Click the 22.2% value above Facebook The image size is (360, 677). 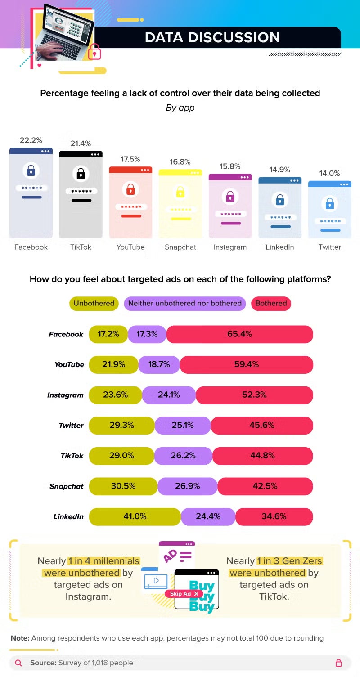(31, 140)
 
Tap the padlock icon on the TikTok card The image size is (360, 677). (81, 173)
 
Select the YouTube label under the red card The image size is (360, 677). (130, 247)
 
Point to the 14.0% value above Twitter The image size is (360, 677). (329, 173)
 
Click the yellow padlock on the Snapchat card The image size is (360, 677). (180, 192)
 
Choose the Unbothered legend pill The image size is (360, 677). (94, 303)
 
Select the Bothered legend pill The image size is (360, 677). (271, 303)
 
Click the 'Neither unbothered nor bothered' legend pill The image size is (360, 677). (185, 303)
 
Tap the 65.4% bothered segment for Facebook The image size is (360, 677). (239, 334)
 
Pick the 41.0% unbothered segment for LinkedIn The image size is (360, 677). (135, 516)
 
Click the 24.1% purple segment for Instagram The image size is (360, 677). (169, 395)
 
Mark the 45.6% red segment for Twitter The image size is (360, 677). (261, 425)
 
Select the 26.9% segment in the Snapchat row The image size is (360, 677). (188, 486)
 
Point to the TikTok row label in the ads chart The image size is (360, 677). (72, 456)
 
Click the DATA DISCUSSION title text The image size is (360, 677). (212, 37)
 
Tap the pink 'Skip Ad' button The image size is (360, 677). (183, 593)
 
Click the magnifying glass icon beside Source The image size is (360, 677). (18, 663)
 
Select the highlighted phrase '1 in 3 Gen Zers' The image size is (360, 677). (290, 561)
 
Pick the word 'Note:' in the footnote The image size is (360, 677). (20, 638)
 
